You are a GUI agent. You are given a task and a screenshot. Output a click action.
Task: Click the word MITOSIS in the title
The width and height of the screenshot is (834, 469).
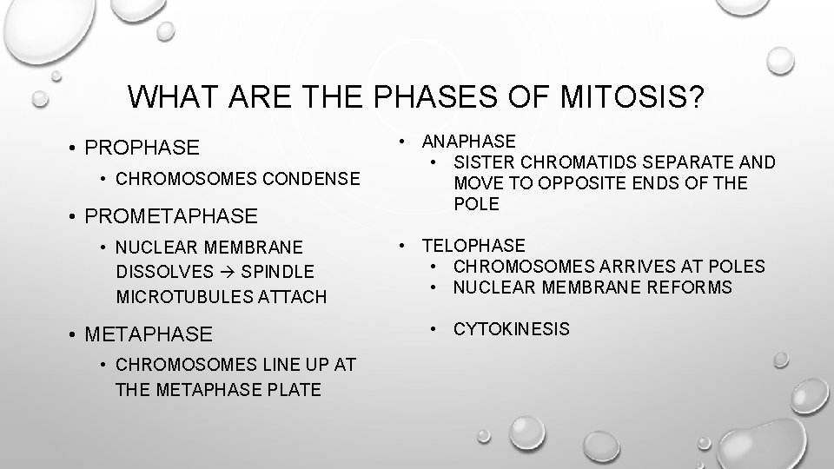pyautogui.click(x=634, y=96)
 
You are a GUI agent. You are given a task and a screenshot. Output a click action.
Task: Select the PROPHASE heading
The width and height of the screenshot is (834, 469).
pyautogui.click(x=142, y=148)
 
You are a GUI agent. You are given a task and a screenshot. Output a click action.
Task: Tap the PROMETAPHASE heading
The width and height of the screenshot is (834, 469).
pyautogui.click(x=171, y=215)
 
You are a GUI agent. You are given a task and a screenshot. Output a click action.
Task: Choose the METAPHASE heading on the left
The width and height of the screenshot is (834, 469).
pyautogui.click(x=149, y=333)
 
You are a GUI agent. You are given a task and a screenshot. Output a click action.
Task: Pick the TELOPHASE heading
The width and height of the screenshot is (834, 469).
pyautogui.click(x=473, y=246)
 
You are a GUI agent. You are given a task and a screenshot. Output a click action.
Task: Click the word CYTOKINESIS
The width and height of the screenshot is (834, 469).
pyautogui.click(x=512, y=328)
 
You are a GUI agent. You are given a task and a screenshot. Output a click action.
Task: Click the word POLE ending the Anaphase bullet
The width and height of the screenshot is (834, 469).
pyautogui.click(x=477, y=203)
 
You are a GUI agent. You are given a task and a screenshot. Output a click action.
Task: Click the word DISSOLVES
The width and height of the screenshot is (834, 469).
pyautogui.click(x=156, y=272)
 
